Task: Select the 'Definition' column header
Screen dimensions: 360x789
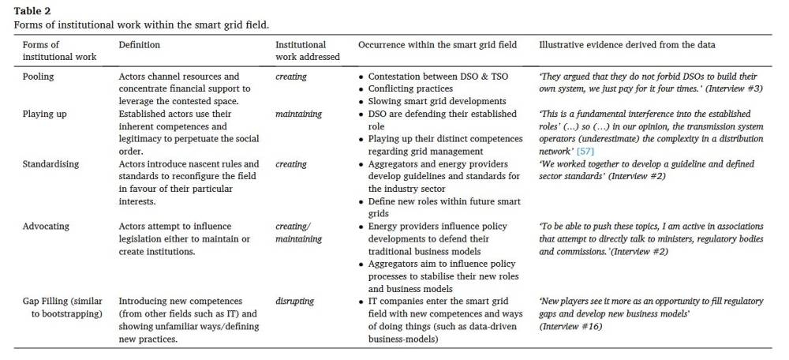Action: point(139,45)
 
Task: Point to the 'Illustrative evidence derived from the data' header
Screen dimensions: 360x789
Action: point(626,45)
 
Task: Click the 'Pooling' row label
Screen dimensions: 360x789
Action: point(40,77)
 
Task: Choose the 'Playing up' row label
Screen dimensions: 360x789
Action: point(45,114)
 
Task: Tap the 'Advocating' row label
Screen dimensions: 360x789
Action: point(47,226)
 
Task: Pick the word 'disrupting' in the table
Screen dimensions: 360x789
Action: point(295,301)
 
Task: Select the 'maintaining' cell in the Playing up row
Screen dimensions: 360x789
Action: point(298,114)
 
